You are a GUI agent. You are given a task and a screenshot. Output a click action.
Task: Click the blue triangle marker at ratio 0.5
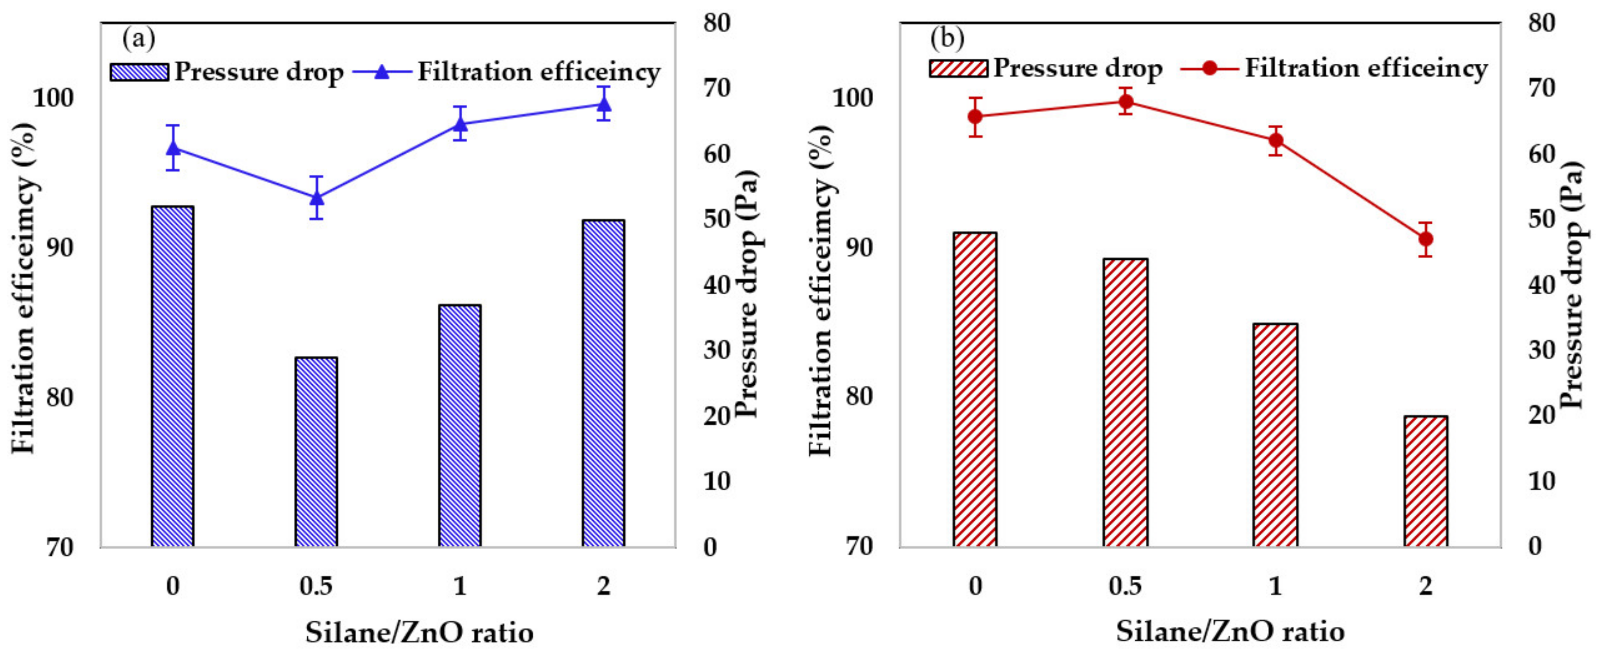tap(316, 198)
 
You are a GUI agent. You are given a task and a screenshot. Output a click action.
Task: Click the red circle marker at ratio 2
tap(1426, 239)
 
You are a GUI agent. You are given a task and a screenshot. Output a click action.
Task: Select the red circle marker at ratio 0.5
tap(1126, 102)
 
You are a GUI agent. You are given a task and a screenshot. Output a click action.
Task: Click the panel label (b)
tap(947, 39)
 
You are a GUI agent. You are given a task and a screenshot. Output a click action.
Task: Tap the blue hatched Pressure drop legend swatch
tap(139, 72)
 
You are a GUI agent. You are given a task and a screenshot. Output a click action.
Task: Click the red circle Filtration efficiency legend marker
tap(1209, 68)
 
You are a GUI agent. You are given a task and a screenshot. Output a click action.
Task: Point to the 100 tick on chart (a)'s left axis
tap(53, 98)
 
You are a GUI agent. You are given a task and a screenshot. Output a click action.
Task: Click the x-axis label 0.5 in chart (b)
tap(1126, 586)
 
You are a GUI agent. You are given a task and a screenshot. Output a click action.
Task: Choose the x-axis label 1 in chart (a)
tap(460, 586)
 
